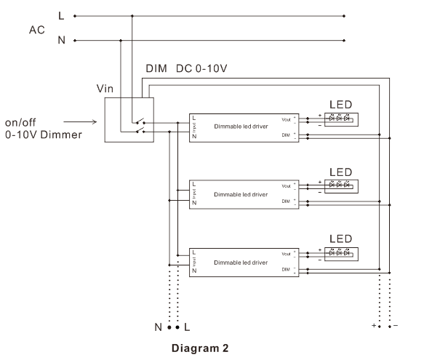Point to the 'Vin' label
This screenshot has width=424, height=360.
pos(105,88)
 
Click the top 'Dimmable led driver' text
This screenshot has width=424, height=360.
pos(241,126)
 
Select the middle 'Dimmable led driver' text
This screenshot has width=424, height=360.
pos(241,194)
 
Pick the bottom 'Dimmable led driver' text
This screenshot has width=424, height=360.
pos(241,261)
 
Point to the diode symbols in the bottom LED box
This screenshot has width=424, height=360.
pos(340,252)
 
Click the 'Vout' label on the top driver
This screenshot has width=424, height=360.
pos(285,118)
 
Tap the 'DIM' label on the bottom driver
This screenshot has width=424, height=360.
pos(286,270)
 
